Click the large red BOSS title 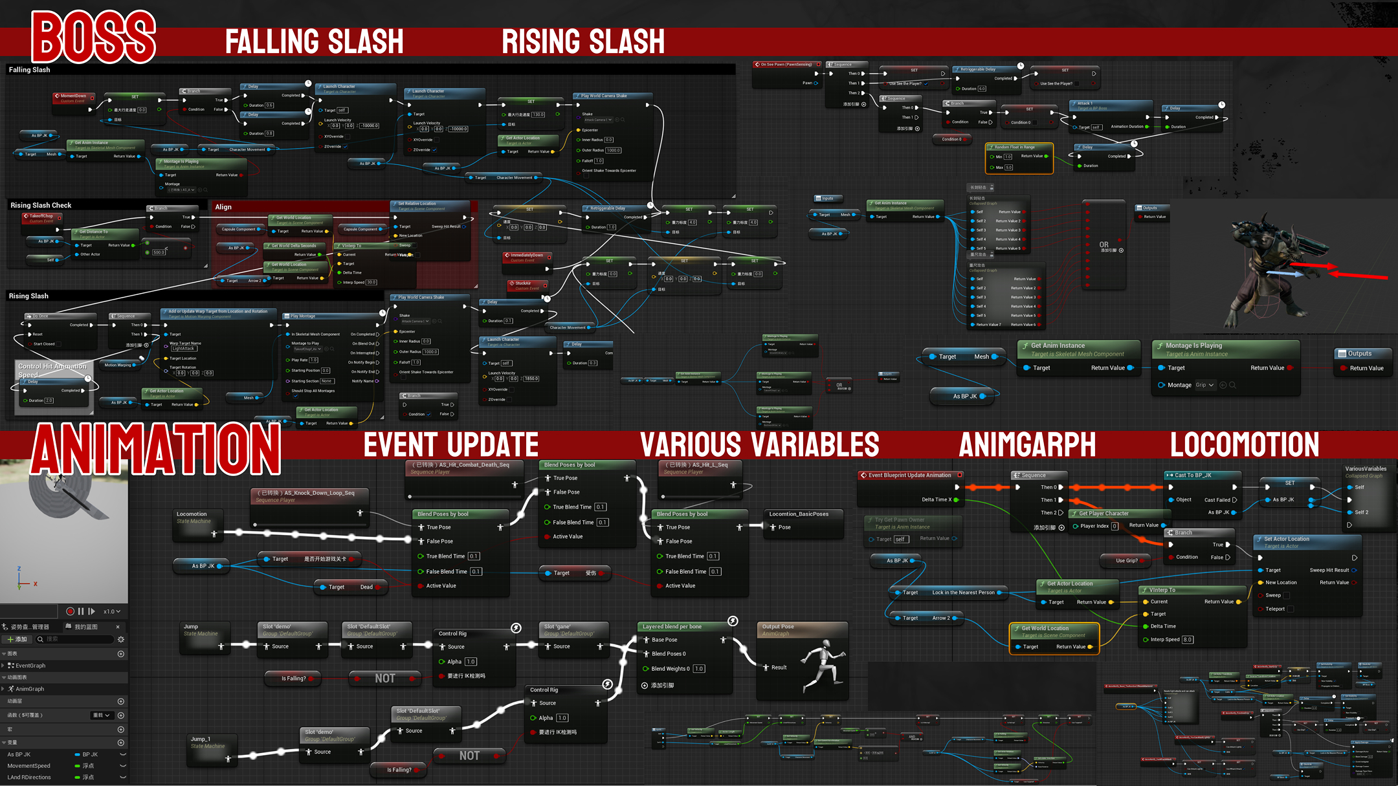94,38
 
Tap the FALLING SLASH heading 314,41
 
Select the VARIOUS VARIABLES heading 759,444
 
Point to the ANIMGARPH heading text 1027,444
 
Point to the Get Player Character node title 1103,514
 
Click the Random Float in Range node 1019,156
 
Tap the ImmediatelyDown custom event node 526,257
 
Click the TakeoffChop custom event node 41,219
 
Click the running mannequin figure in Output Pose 822,666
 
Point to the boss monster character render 1269,272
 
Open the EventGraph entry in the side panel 30,666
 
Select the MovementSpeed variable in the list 29,766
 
